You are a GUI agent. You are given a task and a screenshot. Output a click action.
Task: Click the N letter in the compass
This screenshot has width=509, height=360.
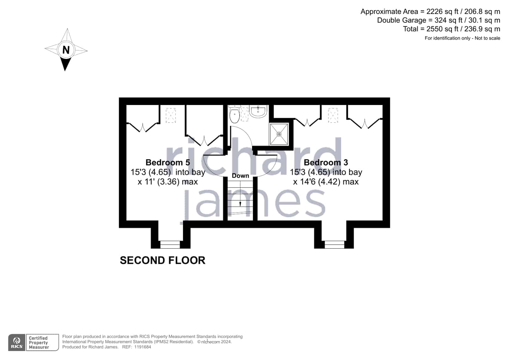[66, 50]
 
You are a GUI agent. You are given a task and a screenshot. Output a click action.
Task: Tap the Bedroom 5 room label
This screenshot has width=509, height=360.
[168, 163]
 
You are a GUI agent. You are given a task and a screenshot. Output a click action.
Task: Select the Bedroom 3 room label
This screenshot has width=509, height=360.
[326, 163]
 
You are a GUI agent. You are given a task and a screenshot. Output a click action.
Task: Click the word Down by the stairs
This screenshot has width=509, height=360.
[240, 176]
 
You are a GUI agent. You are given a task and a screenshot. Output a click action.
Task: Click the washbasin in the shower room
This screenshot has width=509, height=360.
[258, 111]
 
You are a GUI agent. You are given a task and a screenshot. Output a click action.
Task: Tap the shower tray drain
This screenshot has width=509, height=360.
[279, 134]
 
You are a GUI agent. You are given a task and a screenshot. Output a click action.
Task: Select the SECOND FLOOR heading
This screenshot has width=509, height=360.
[163, 260]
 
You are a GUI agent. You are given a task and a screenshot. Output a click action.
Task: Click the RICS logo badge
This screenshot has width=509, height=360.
[17, 342]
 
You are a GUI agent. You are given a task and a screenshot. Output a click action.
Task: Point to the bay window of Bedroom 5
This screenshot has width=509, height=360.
[170, 244]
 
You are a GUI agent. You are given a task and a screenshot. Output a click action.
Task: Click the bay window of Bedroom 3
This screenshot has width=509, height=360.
[334, 244]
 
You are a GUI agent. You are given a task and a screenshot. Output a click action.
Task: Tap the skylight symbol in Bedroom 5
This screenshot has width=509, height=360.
[171, 116]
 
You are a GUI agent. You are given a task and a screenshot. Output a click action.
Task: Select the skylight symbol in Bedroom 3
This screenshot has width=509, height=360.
[333, 116]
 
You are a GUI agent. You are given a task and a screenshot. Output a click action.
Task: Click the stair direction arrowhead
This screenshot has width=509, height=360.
[240, 204]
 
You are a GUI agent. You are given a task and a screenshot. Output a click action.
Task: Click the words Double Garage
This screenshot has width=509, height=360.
[401, 20]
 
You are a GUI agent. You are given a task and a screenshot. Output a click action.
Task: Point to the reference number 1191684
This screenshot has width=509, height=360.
[143, 347]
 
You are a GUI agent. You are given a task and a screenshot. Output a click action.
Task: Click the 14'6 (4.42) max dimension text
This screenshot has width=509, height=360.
[326, 182]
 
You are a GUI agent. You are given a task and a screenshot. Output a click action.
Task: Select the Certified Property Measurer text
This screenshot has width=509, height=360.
[39, 342]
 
